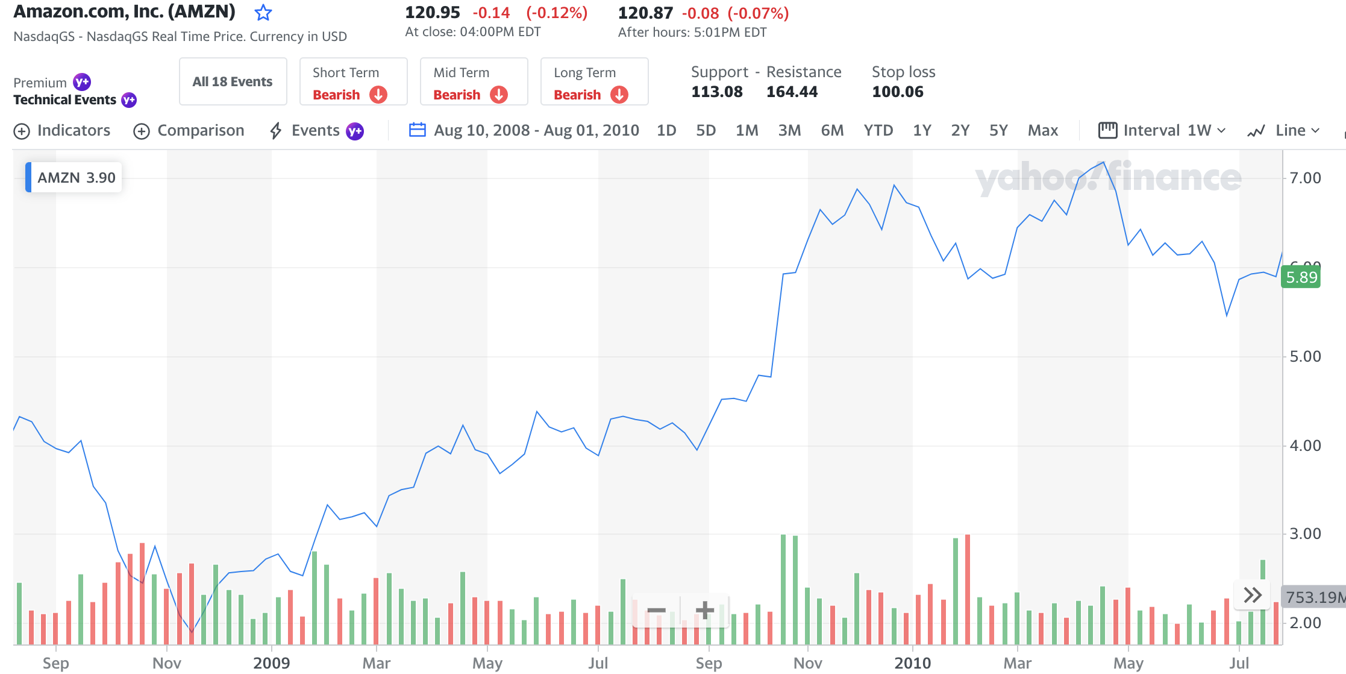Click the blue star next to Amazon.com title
tap(263, 13)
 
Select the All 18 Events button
tap(233, 82)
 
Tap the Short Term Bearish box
tap(353, 82)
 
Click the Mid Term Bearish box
tap(474, 82)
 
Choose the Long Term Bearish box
tap(594, 82)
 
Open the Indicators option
tap(62, 131)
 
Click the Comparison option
tap(189, 131)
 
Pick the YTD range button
tap(878, 131)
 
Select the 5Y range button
tap(998, 131)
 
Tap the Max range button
tap(1043, 131)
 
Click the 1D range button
tap(666, 131)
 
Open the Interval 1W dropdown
tap(1162, 131)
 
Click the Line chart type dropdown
tap(1284, 131)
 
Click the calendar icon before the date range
tap(418, 130)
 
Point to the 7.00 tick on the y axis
tap(1305, 178)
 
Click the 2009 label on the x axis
tap(271, 663)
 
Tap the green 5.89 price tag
tap(1301, 277)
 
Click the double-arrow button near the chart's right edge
tap(1253, 596)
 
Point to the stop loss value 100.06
tap(898, 92)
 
